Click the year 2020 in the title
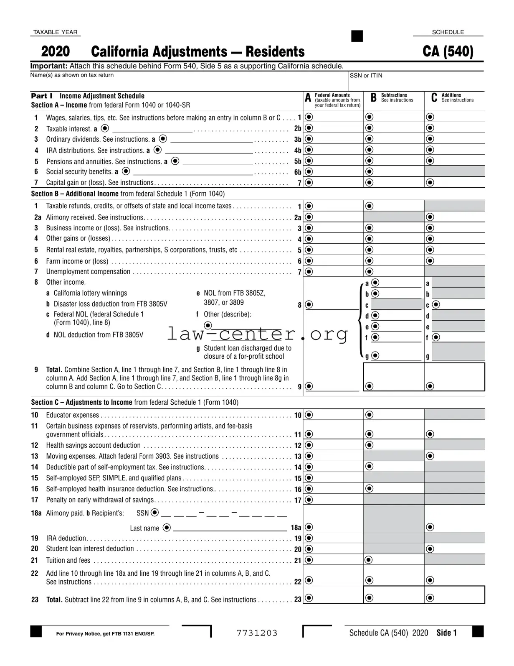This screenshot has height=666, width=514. click(56, 51)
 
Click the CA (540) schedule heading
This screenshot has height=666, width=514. click(448, 51)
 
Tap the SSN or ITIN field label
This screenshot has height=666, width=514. click(366, 76)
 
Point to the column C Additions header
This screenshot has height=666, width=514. click(453, 97)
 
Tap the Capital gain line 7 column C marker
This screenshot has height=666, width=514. click(430, 182)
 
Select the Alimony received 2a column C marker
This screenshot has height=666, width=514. click(430, 217)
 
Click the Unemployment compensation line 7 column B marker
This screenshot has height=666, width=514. click(370, 272)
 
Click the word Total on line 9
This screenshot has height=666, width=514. click(54, 370)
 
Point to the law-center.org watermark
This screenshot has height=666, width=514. click(257, 334)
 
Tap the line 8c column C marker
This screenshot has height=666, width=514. click(436, 305)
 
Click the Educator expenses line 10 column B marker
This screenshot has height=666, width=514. click(370, 415)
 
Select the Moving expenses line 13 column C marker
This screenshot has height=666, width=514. click(430, 456)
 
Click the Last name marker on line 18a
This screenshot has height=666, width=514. click(166, 528)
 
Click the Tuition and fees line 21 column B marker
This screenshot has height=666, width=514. click(368, 560)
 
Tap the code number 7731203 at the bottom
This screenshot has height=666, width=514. click(257, 633)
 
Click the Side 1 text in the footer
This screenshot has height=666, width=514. click(446, 633)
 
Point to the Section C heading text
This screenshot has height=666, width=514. click(134, 402)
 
